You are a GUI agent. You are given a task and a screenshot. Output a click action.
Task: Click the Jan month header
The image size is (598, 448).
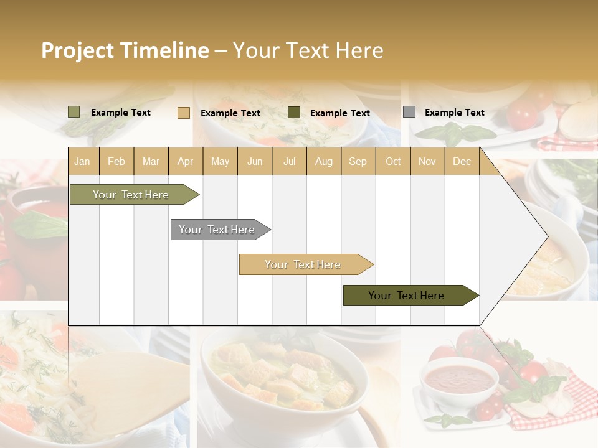[82, 161]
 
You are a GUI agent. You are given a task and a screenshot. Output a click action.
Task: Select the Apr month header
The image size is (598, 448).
[186, 161]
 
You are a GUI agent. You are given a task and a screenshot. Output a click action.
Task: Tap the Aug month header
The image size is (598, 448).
[324, 161]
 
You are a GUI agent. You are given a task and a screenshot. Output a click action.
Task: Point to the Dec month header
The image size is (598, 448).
[462, 161]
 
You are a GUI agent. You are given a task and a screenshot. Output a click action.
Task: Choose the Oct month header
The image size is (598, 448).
[393, 161]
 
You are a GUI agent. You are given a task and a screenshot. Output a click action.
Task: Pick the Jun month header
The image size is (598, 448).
[255, 161]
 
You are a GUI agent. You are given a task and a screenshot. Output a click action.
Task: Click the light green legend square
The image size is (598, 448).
[74, 112]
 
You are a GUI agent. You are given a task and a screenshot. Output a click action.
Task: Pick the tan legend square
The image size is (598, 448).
[184, 113]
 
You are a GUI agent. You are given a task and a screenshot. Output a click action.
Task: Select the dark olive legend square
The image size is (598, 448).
[294, 113]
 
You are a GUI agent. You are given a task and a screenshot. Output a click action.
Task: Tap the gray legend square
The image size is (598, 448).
[409, 112]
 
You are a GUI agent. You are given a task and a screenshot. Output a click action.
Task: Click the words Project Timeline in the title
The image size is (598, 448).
[125, 50]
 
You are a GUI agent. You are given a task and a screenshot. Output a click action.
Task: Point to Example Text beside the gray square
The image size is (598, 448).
[455, 113]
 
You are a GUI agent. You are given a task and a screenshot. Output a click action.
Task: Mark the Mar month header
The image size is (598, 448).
[151, 161]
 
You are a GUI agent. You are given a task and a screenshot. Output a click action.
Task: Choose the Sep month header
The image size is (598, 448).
[358, 161]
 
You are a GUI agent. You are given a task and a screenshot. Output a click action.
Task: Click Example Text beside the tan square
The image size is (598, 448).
[230, 113]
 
